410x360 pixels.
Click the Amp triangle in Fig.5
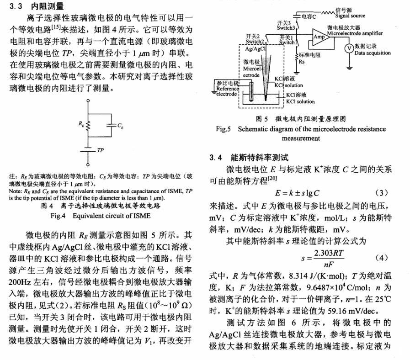[x=319, y=36]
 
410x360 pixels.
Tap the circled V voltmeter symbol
[x=348, y=48]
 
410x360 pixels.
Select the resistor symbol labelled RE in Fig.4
[x=88, y=124]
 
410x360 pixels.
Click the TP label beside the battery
[x=101, y=150]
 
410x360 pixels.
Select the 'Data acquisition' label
[x=373, y=53]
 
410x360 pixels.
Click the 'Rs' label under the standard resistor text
[x=302, y=59]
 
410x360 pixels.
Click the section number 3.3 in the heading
[x=16, y=6]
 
